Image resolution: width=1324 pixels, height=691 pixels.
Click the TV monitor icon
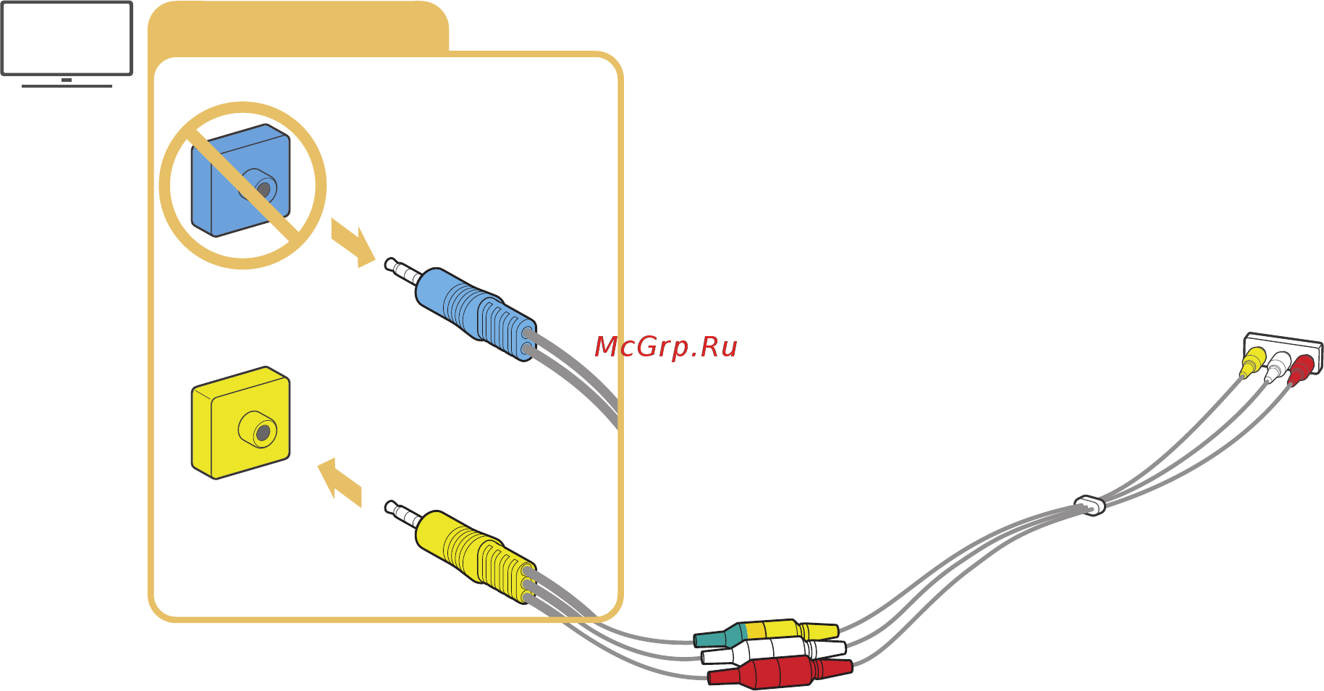67,38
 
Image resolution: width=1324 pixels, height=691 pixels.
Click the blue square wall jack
240,180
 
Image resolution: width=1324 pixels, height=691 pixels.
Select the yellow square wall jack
240,423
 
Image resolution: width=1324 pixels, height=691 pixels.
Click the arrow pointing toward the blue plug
353,243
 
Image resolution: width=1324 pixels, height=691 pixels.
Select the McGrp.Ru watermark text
665,347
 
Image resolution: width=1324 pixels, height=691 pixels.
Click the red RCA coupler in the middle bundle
778,671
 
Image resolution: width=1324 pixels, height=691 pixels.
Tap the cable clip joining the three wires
1089,504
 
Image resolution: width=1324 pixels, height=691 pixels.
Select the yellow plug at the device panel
1252,362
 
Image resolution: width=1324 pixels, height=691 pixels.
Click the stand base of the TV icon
67,86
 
